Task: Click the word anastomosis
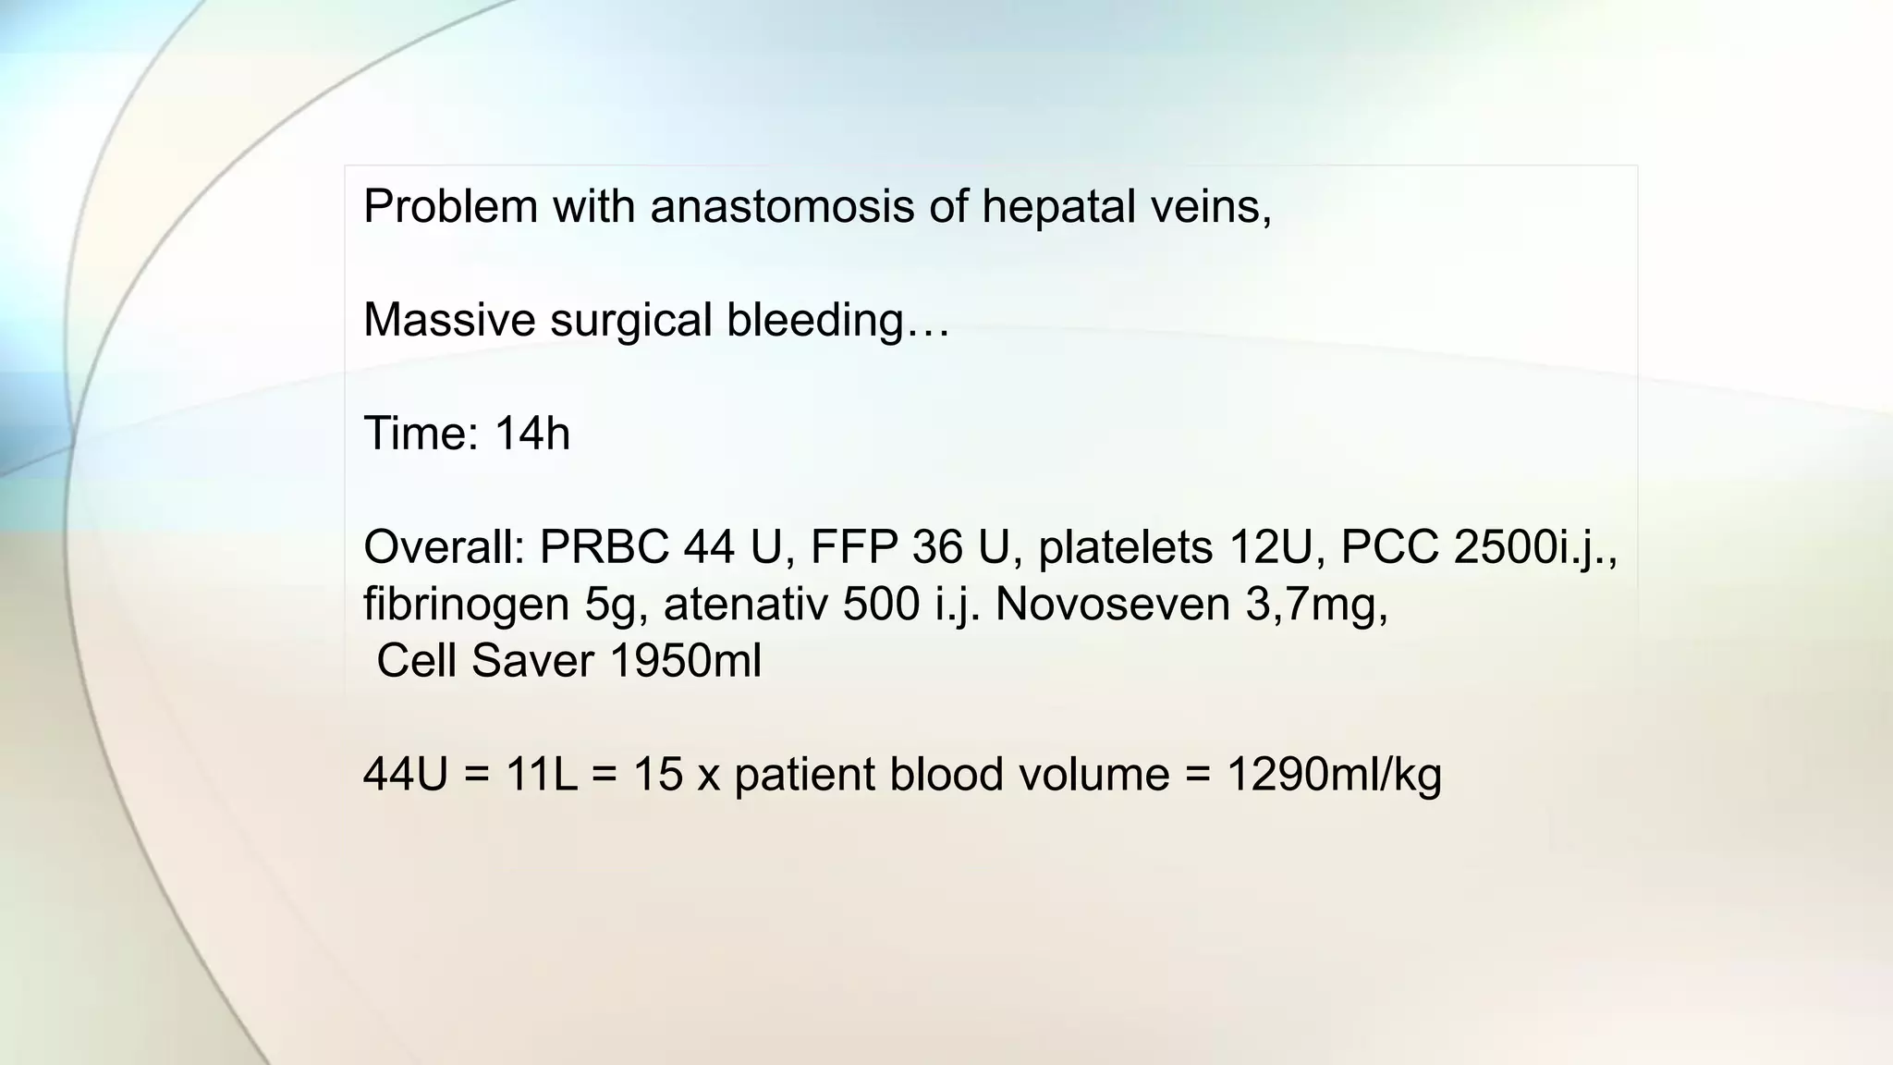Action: tap(782, 205)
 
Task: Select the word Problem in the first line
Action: tap(450, 205)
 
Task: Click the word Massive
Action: tap(448, 320)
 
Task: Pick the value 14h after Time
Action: tap(531, 433)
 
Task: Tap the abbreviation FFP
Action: tap(853, 546)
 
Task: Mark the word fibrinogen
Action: tap(466, 605)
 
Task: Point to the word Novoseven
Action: tap(1112, 605)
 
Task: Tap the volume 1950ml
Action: tap(686, 661)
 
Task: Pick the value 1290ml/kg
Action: tap(1334, 774)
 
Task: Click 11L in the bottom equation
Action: tap(541, 774)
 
